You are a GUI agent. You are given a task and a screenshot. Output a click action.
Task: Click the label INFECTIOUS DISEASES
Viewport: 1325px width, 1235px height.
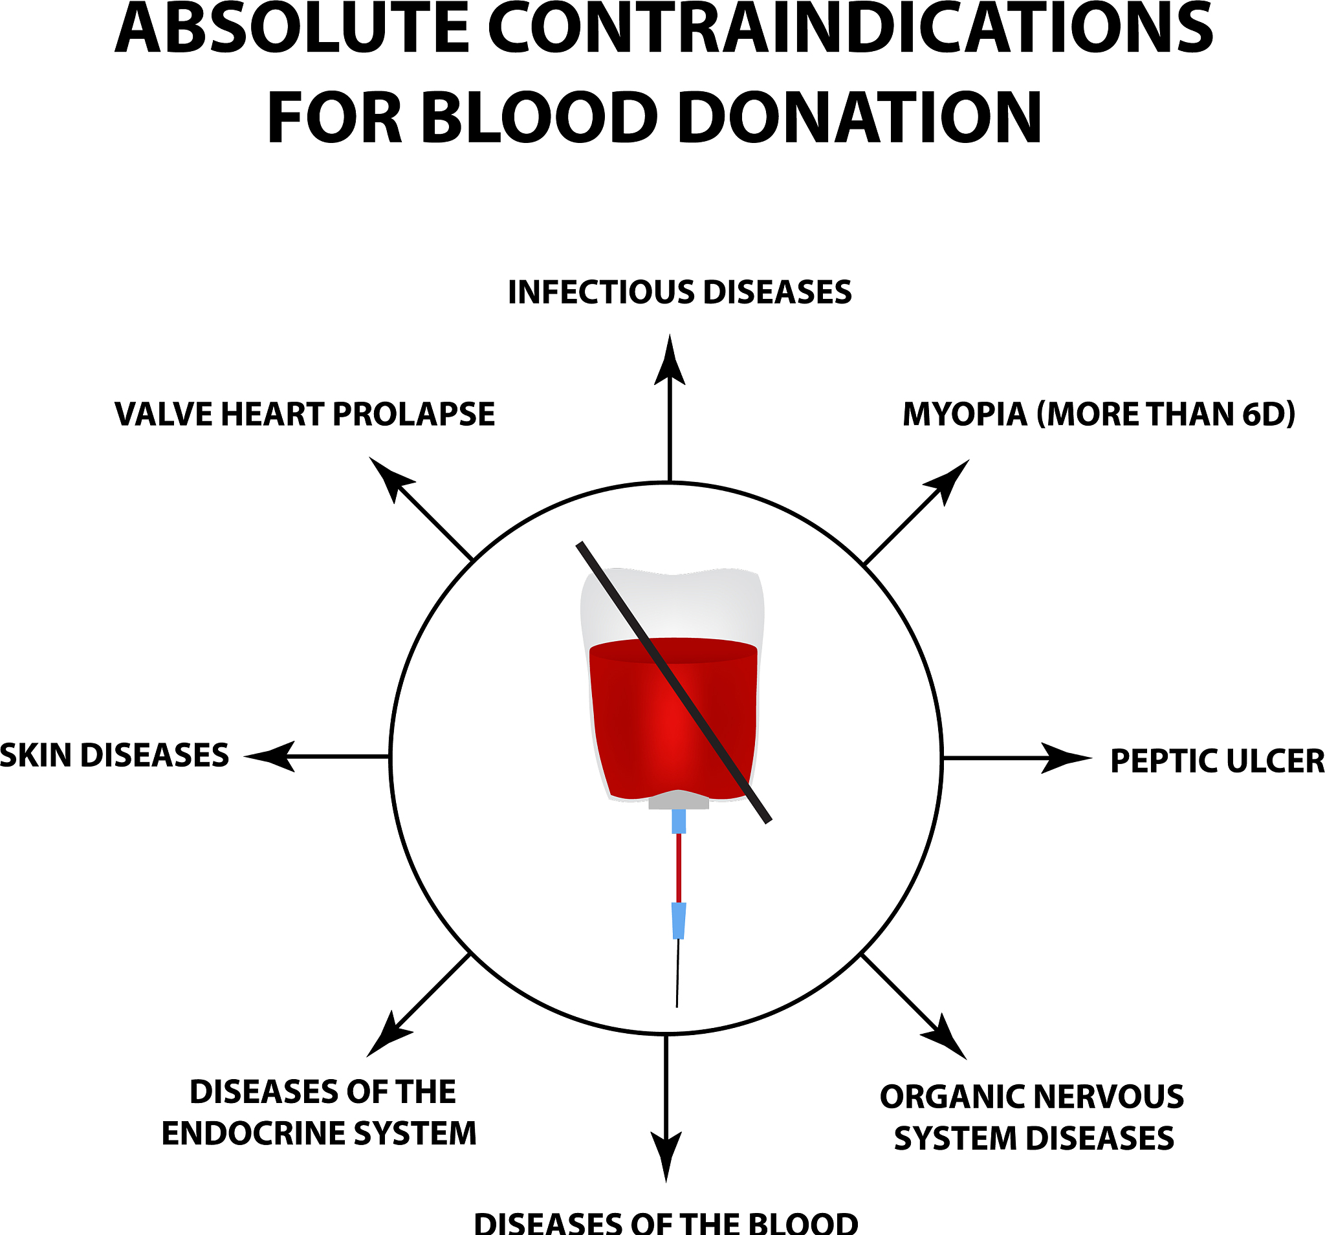(x=679, y=292)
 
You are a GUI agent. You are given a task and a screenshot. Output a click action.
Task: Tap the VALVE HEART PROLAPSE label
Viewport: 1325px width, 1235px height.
(x=305, y=414)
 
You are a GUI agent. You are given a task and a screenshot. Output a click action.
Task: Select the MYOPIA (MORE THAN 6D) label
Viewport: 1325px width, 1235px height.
(x=1099, y=414)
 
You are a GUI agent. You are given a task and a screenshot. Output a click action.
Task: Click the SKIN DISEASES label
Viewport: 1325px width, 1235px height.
(x=115, y=756)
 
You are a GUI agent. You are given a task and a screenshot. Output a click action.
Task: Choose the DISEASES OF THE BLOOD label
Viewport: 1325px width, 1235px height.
(x=666, y=1222)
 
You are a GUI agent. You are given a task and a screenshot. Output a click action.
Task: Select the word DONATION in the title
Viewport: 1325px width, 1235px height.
(x=859, y=118)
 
